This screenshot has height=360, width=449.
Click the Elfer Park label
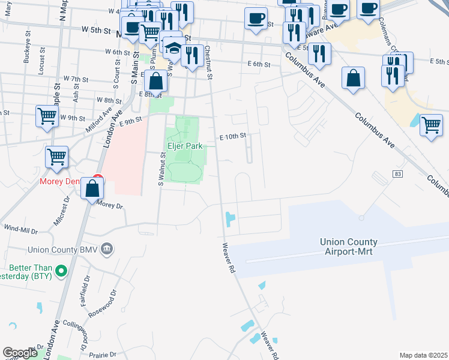coord(183,145)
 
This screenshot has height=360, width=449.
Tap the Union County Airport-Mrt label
coord(355,247)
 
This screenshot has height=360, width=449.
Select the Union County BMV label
coord(62,249)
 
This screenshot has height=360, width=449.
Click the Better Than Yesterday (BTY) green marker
coord(60,272)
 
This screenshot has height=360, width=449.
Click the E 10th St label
coord(233,137)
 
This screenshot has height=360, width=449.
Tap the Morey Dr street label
coord(109,205)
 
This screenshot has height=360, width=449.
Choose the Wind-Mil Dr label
coord(20,229)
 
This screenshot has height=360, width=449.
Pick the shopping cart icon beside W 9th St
coord(46,116)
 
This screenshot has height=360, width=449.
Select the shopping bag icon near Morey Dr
coord(92,188)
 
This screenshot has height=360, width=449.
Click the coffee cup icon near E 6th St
coord(256,18)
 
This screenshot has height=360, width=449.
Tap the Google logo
coord(20,353)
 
